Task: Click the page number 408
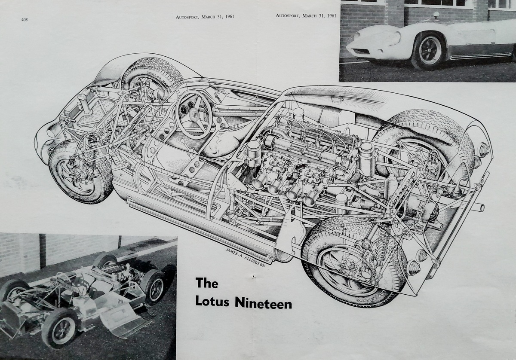coord(24,19)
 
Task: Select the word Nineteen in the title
coord(263,303)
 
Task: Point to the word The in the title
coord(207,283)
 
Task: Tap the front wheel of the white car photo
coord(428,52)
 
